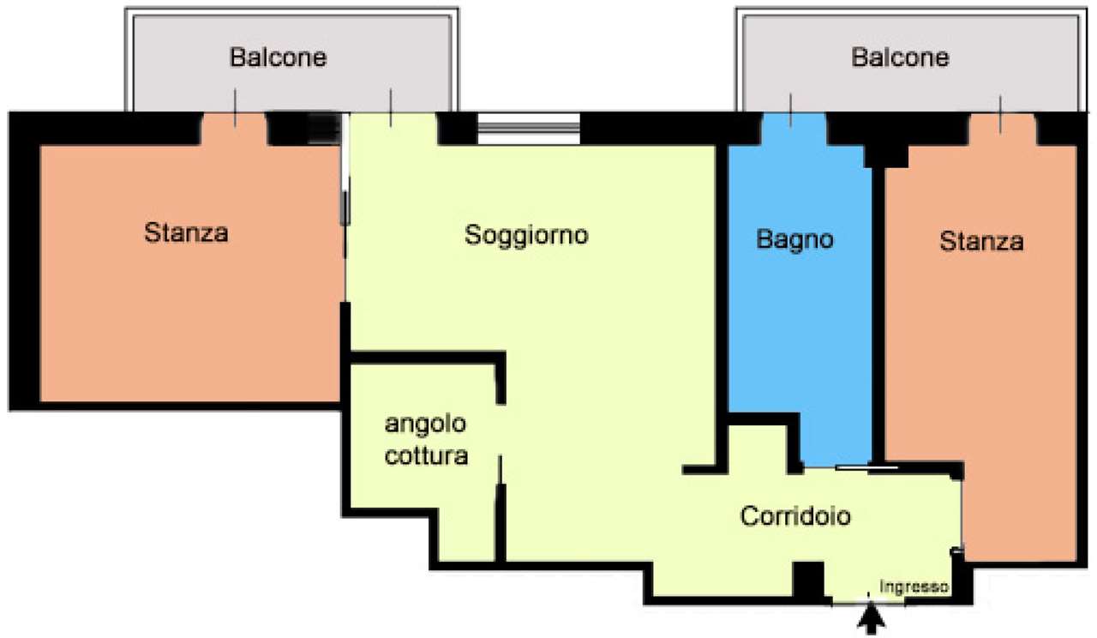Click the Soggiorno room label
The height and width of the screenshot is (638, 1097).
526,236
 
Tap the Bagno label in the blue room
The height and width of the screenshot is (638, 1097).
794,240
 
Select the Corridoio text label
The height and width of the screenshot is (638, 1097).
795,516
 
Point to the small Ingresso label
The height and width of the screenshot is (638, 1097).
914,587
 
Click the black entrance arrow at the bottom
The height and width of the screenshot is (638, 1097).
871,618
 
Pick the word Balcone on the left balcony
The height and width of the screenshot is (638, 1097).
279,57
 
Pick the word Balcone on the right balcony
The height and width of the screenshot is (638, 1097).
900,57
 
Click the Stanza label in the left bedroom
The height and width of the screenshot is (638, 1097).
186,232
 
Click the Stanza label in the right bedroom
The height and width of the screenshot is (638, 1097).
981,242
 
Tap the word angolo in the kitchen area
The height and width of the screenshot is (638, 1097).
425,424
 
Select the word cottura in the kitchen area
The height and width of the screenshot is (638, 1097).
426,456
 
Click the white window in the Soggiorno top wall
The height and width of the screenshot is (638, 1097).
529,129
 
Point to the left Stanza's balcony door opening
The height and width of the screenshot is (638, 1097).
235,129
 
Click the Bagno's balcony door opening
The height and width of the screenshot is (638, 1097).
794,129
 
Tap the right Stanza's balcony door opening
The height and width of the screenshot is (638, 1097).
1003,129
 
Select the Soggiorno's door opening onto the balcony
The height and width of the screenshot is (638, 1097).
393,129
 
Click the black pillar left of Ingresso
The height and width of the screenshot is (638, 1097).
808,580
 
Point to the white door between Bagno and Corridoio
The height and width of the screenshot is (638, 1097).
866,468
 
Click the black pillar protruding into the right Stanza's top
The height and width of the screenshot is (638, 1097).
886,156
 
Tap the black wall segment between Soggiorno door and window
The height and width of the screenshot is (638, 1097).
458,129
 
